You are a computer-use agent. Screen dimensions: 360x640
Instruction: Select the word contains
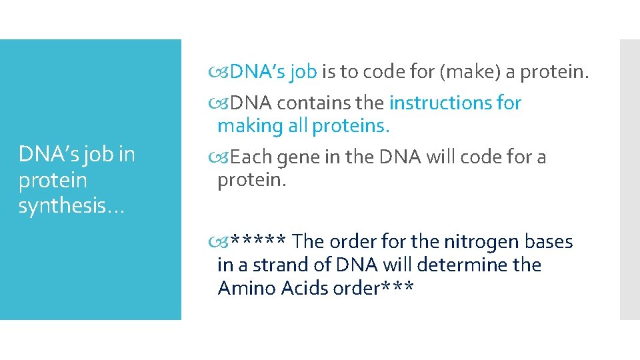click(331, 103)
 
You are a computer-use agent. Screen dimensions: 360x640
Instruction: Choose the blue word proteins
click(350, 126)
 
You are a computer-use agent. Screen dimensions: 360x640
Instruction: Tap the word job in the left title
click(97, 155)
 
